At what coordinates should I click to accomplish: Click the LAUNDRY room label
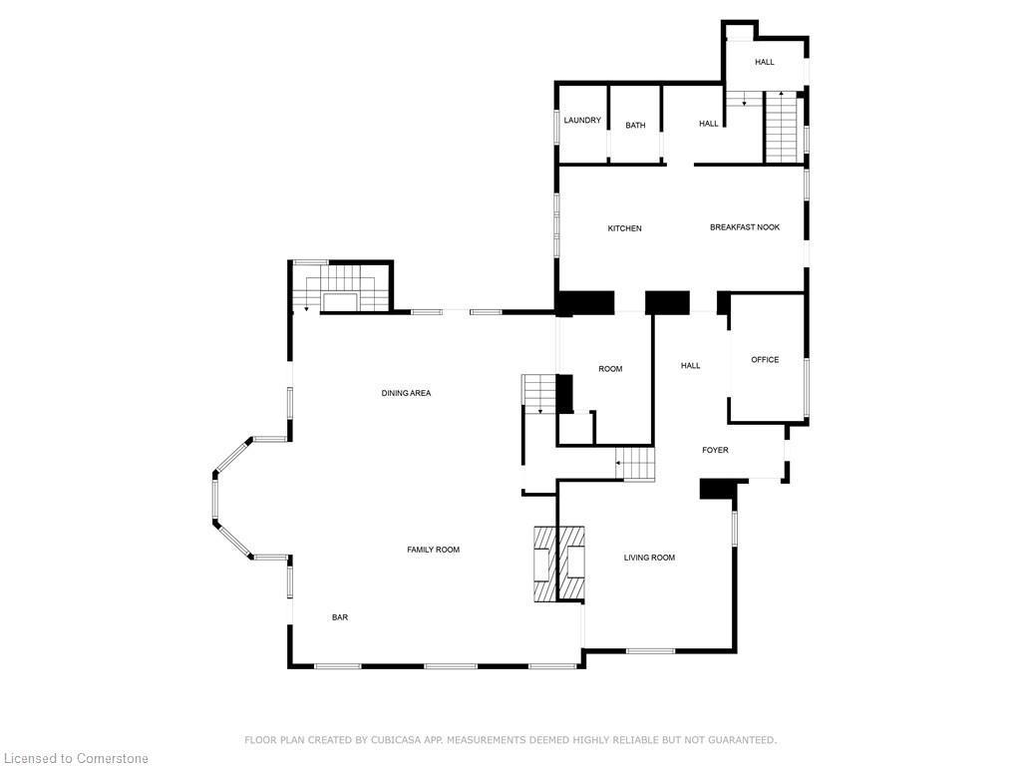pyautogui.click(x=582, y=121)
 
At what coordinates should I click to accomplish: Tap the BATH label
pyautogui.click(x=635, y=126)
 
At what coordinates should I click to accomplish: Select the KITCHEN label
pyautogui.click(x=625, y=228)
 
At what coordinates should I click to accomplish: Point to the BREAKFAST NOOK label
pyautogui.click(x=745, y=227)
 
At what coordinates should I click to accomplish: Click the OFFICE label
pyautogui.click(x=765, y=360)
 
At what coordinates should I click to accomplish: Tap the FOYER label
pyautogui.click(x=715, y=450)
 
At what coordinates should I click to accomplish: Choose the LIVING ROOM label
pyautogui.click(x=649, y=558)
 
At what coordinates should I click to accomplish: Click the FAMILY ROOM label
pyautogui.click(x=433, y=550)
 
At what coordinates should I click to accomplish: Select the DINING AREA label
pyautogui.click(x=406, y=393)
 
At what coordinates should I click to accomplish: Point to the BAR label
pyautogui.click(x=340, y=617)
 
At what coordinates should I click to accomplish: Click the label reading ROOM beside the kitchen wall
pyautogui.click(x=610, y=369)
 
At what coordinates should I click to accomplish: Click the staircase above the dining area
pyautogui.click(x=339, y=286)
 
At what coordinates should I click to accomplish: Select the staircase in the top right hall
pyautogui.click(x=781, y=126)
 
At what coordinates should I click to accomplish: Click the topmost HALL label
pyautogui.click(x=764, y=62)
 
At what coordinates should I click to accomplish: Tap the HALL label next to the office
pyautogui.click(x=690, y=366)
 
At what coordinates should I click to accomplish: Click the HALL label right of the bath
pyautogui.click(x=708, y=124)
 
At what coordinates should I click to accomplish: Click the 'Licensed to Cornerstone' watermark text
pyautogui.click(x=75, y=759)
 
